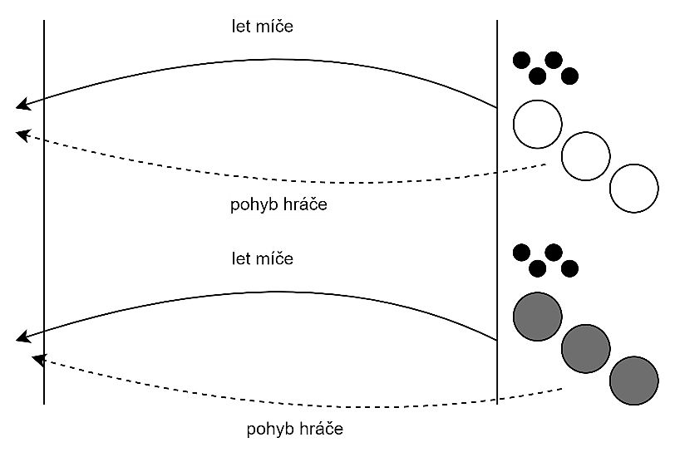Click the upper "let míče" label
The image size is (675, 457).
tap(262, 27)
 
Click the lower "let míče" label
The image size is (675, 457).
tap(262, 258)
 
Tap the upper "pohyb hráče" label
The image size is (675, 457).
tap(278, 204)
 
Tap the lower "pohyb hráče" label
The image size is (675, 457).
tap(294, 430)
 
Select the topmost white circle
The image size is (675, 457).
tap(538, 124)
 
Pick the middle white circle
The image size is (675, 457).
tap(586, 155)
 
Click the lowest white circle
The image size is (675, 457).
tap(633, 188)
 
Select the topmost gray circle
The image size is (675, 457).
tap(538, 316)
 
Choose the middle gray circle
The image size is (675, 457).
tap(586, 348)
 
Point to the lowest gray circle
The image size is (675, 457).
tap(633, 380)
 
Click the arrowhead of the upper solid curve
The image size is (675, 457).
tap(22, 105)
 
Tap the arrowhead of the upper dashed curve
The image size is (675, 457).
tap(22, 133)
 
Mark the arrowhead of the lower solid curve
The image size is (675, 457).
tap(22, 337)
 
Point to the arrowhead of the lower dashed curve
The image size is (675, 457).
tap(37, 359)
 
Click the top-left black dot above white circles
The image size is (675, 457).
tap(521, 60)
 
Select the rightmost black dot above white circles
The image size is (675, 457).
tap(569, 76)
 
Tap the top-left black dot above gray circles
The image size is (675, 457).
tap(521, 252)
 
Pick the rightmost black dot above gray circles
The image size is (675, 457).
tap(569, 268)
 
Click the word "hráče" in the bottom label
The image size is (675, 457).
tap(320, 430)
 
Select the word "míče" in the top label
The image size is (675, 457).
tap(278, 27)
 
